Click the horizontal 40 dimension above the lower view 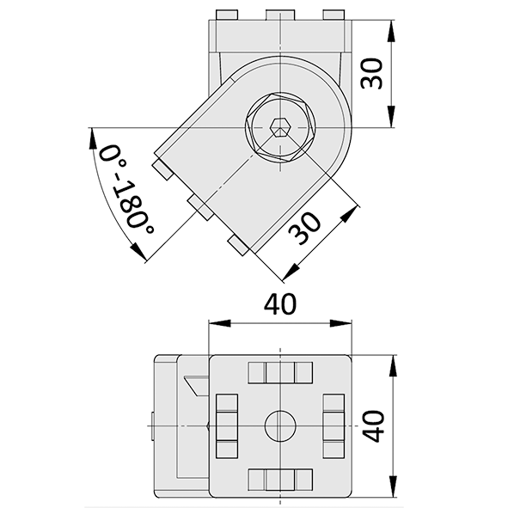(x=279, y=304)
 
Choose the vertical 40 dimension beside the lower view (x=372, y=425)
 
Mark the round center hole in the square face (x=279, y=424)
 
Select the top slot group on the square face (x=279, y=372)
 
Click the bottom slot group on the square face (x=279, y=479)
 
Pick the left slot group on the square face (x=226, y=425)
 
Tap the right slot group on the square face (x=334, y=425)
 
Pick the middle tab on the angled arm (x=199, y=206)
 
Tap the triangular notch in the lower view (x=195, y=384)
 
